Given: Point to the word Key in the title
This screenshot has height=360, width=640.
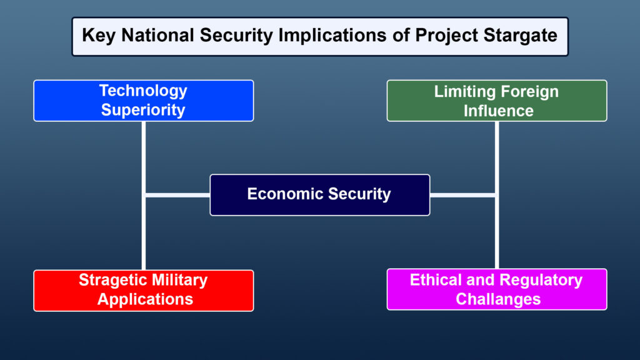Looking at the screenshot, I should pos(99,35).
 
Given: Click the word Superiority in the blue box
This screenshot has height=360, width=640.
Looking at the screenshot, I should pos(143,111).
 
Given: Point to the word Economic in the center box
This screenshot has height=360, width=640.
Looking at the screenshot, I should pos(284,194).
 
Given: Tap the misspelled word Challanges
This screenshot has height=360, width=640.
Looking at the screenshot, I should pos(497,299).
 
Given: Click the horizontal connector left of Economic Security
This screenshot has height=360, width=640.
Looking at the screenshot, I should pos(177,196).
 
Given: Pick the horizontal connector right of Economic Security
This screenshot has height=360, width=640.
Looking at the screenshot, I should pos(462,196).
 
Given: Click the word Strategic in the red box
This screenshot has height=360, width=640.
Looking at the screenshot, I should pos(114,280).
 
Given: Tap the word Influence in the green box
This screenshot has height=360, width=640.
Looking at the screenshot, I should pos(497,111).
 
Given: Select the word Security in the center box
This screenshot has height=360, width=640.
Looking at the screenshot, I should pos(361,194).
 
